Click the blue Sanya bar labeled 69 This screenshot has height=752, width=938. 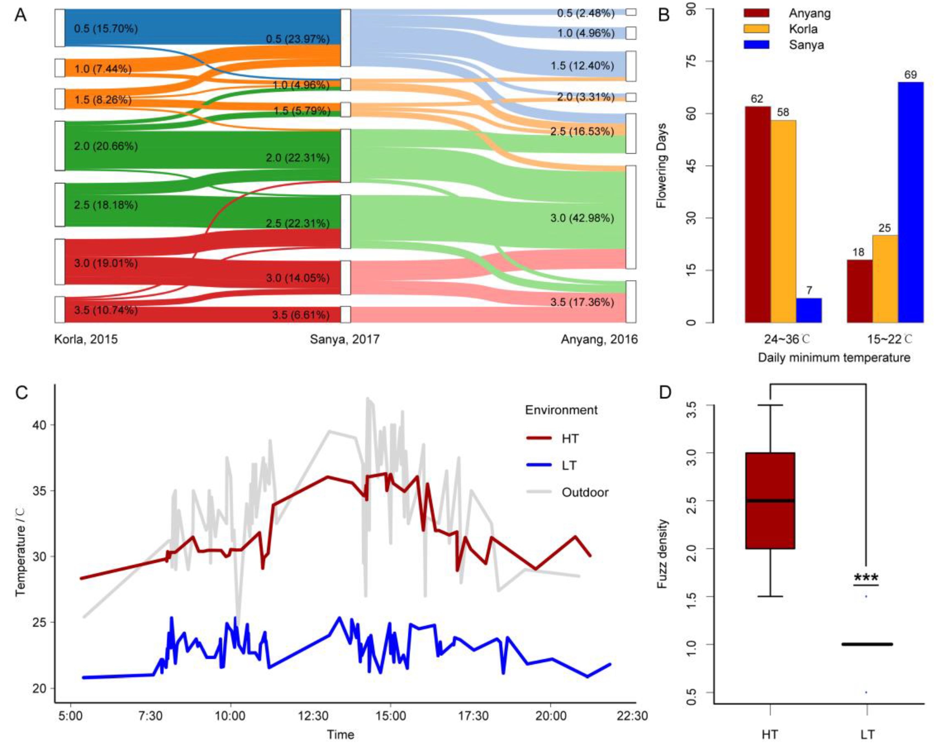point(910,202)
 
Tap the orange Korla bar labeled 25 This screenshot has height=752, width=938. point(885,279)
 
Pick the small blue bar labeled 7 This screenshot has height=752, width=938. point(809,310)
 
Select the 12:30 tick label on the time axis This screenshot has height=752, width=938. point(313,716)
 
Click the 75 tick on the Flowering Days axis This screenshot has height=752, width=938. point(692,61)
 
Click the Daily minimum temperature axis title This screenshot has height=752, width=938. point(834,358)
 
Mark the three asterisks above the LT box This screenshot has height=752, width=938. point(866,578)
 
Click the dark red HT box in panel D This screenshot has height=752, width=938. point(770,501)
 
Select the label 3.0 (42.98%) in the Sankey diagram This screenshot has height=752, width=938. point(582,218)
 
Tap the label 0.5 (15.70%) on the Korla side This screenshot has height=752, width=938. point(106,29)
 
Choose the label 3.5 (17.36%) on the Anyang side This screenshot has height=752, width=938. point(582,302)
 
